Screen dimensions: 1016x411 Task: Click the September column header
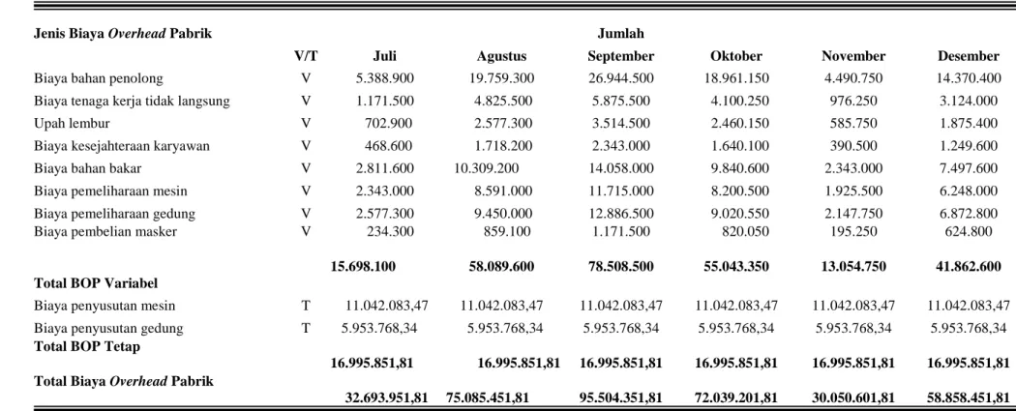[621, 56]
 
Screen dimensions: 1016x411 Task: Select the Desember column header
[968, 56]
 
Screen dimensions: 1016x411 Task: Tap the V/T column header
[306, 56]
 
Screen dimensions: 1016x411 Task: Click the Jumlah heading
[621, 34]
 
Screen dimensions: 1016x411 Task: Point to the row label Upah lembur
[72, 123]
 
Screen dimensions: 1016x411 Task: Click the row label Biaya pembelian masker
[105, 231]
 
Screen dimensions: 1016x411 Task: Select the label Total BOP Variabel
[96, 282]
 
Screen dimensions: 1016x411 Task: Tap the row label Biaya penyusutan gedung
[108, 328]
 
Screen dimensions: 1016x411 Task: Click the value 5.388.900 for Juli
[385, 78]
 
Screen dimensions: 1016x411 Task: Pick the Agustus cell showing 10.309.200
[487, 168]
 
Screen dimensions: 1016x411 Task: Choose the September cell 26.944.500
[621, 78]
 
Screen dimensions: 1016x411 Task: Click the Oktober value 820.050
[746, 231]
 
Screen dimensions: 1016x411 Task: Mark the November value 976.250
[854, 101]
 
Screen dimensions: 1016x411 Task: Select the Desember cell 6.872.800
[969, 213]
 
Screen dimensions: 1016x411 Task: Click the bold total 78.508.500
[621, 266]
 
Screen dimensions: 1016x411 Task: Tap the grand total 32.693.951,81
[386, 397]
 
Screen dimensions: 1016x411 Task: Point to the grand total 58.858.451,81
[968, 397]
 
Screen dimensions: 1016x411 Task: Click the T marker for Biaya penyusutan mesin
[306, 306]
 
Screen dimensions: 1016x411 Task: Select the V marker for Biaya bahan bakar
[306, 168]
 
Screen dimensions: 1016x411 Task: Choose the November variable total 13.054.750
[853, 266]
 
